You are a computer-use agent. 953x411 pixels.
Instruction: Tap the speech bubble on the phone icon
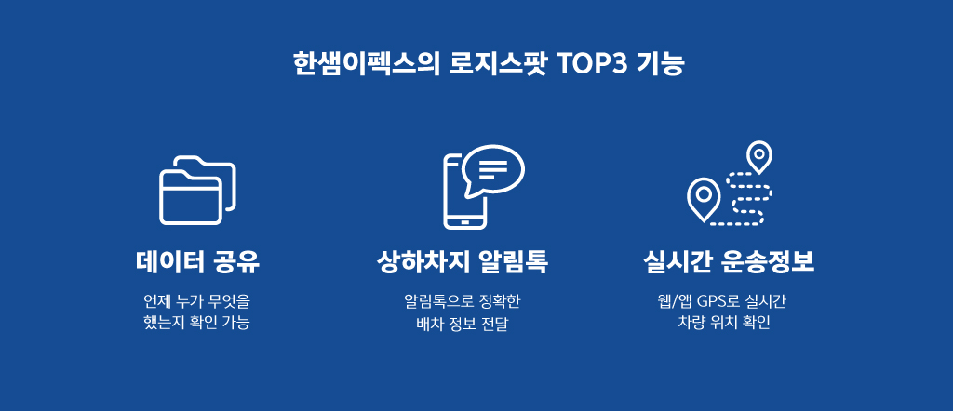[493, 170]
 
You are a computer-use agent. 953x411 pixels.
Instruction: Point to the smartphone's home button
[465, 222]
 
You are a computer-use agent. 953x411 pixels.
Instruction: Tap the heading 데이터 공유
[197, 263]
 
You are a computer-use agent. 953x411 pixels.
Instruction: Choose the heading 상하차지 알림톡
[463, 263]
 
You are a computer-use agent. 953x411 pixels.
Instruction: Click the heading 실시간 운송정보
[728, 263]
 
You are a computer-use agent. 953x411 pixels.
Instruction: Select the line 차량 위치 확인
[724, 323]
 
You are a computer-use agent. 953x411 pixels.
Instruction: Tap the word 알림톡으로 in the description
[433, 301]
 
